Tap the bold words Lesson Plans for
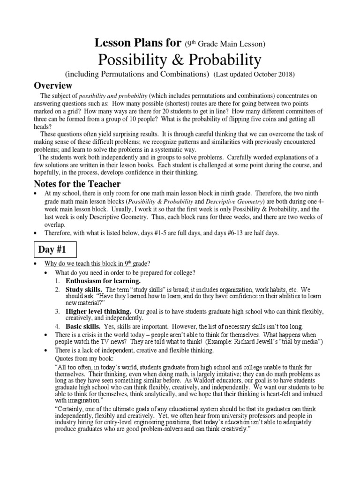click(138, 44)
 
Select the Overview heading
click(53, 85)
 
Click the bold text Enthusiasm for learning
click(103, 281)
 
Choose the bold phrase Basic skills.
click(82, 326)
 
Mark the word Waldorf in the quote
click(200, 382)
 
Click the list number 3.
click(57, 311)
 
